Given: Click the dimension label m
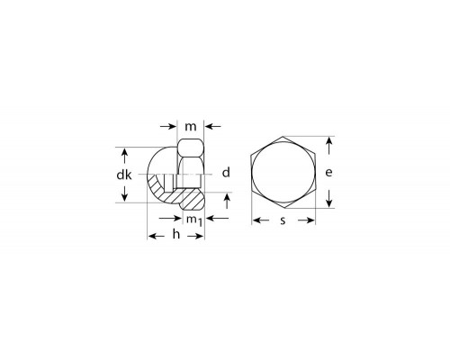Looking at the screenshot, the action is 191,127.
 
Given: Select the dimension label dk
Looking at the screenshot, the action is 124,175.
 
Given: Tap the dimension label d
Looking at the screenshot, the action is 226,173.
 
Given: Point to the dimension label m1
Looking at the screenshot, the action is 194,220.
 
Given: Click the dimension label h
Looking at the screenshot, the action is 176,234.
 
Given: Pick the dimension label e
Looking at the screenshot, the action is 328,173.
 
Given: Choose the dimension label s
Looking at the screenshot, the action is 283,220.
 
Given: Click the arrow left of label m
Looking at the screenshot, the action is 168,127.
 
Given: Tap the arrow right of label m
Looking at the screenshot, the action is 213,127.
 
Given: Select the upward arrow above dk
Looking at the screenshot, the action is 125,156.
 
